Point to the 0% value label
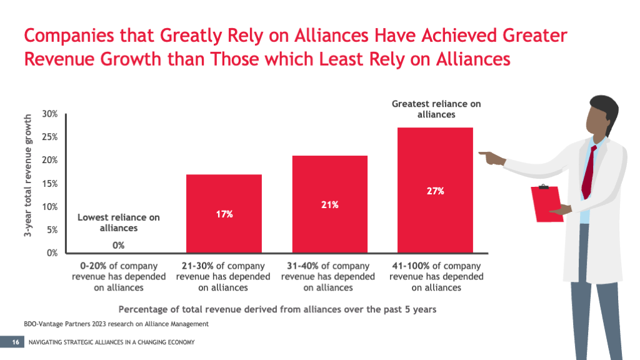[119, 245]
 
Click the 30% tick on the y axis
[50, 114]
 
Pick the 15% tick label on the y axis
[50, 184]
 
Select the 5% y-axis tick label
[52, 230]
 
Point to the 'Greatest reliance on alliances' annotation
[436, 109]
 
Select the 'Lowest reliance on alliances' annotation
[119, 222]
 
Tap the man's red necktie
[588, 171]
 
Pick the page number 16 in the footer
[15, 342]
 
